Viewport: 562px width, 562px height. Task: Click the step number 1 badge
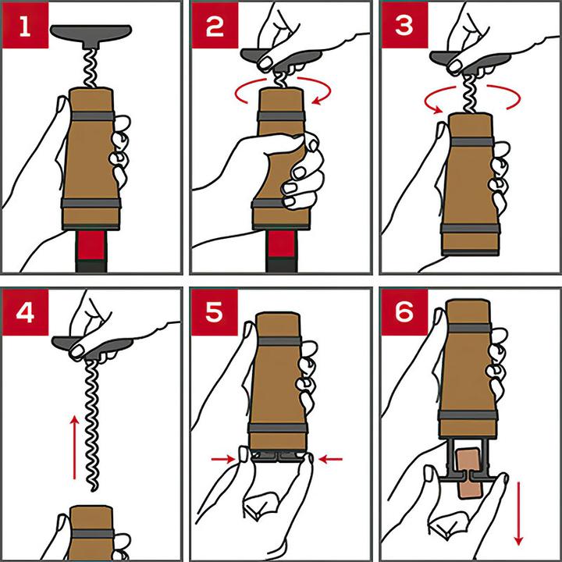coord(25,25)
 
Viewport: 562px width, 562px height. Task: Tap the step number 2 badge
coord(215,25)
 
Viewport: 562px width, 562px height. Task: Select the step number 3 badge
coord(404,25)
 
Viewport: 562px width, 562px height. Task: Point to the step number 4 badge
coord(25,312)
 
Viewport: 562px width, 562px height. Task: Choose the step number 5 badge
coord(215,312)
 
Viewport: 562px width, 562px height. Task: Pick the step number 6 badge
coord(404,312)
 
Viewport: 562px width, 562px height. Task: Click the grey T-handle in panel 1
coord(91,34)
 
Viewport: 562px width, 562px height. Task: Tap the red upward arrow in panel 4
coord(74,447)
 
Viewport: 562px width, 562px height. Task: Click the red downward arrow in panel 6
coord(518,514)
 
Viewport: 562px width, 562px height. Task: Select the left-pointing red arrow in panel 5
coord(330,459)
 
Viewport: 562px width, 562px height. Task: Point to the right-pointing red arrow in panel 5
coord(223,459)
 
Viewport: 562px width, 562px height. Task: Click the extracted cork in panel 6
coord(471,473)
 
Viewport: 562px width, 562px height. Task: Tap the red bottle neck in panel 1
coord(91,245)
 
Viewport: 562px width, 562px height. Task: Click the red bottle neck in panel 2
coord(281,244)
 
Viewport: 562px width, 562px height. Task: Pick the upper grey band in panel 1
coord(92,116)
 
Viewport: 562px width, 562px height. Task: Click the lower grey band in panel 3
coord(471,229)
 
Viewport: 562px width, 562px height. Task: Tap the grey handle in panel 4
coord(91,347)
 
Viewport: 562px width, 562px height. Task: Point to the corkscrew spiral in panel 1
coord(91,68)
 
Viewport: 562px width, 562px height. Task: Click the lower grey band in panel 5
coord(279,428)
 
